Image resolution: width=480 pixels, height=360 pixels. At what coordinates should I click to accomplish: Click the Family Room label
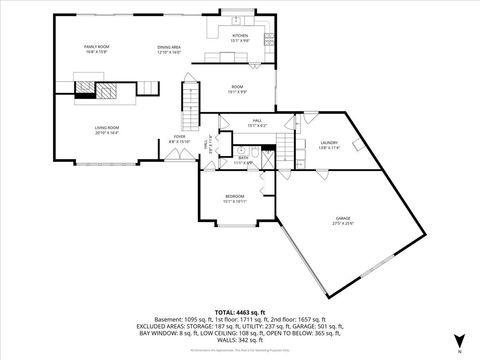click(95, 47)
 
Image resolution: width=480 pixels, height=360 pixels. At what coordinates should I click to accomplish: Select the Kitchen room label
click(240, 36)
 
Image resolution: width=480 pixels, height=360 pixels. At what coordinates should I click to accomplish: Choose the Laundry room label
click(330, 143)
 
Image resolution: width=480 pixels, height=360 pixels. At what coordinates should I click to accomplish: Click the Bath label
click(243, 157)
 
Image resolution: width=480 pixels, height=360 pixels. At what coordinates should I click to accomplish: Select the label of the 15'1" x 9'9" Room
click(238, 88)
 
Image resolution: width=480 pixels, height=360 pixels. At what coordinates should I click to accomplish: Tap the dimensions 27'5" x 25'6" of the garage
click(343, 223)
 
